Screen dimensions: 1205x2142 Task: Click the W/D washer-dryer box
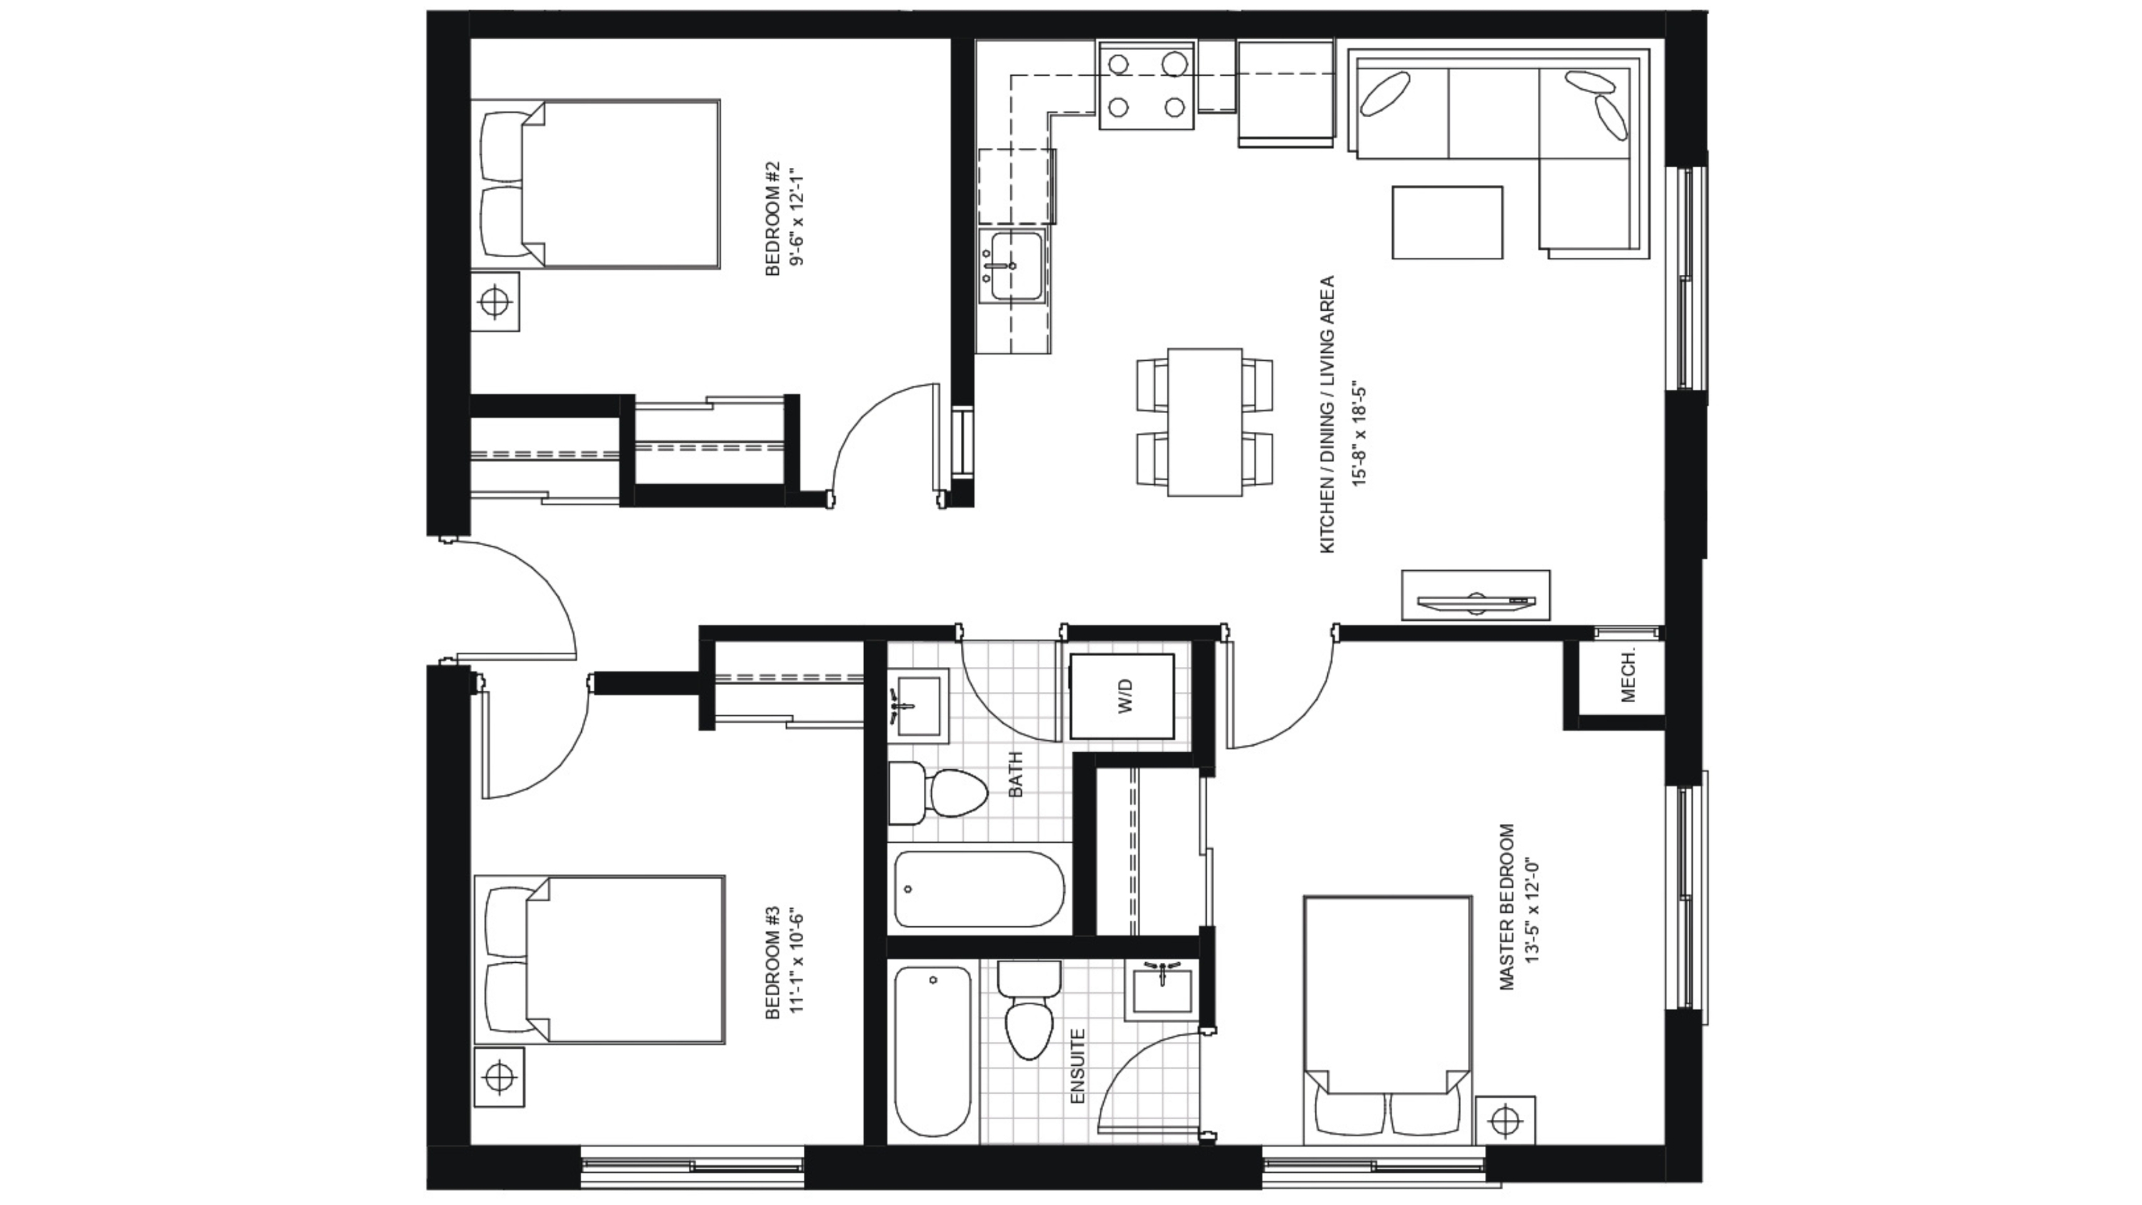(x=1122, y=696)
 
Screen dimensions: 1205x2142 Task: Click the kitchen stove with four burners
(x=1147, y=86)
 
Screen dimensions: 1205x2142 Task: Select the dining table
(x=1205, y=422)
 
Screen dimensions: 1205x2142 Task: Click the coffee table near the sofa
(x=1447, y=222)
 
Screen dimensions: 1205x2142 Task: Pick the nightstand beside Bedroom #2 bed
(x=495, y=301)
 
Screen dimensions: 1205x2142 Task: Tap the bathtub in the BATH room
(x=979, y=889)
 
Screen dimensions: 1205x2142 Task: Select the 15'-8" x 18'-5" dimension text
(x=1359, y=436)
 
